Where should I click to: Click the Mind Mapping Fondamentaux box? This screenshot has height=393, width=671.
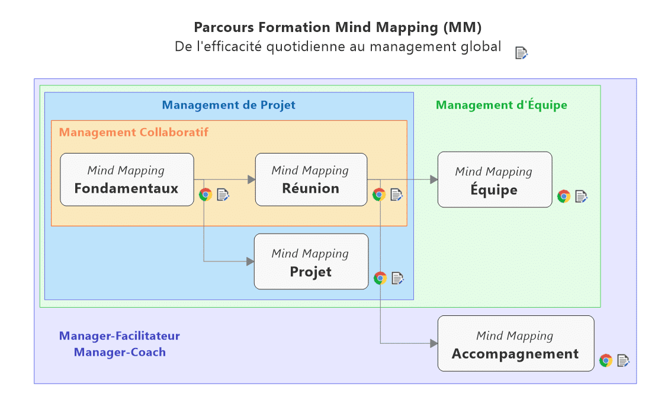(x=127, y=180)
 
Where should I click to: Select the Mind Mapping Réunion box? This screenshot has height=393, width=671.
(x=311, y=180)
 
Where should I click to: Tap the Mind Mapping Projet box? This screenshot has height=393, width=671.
(x=311, y=261)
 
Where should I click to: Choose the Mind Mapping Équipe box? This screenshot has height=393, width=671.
(x=495, y=180)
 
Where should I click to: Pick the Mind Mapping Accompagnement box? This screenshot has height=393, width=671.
(x=515, y=344)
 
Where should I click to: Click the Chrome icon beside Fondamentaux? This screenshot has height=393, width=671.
(x=206, y=194)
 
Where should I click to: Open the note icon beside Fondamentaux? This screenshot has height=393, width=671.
(x=223, y=194)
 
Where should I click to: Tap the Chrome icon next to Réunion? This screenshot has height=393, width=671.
(x=379, y=194)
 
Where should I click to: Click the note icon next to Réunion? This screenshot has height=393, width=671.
(x=397, y=194)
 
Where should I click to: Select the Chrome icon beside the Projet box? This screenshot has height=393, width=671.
(x=380, y=277)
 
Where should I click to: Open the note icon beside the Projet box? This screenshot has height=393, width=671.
(x=398, y=277)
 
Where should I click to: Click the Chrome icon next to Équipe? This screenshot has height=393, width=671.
(x=564, y=196)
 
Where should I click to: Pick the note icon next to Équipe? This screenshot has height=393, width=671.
(x=582, y=196)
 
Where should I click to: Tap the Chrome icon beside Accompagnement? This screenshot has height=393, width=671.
(x=606, y=360)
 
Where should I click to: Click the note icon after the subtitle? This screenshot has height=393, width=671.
(x=521, y=53)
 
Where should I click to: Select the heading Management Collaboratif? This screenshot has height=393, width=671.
(x=134, y=132)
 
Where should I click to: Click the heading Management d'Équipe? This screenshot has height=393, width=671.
(x=502, y=105)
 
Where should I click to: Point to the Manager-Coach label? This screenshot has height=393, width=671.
(x=120, y=352)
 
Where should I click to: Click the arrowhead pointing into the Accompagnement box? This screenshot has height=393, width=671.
(x=434, y=343)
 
